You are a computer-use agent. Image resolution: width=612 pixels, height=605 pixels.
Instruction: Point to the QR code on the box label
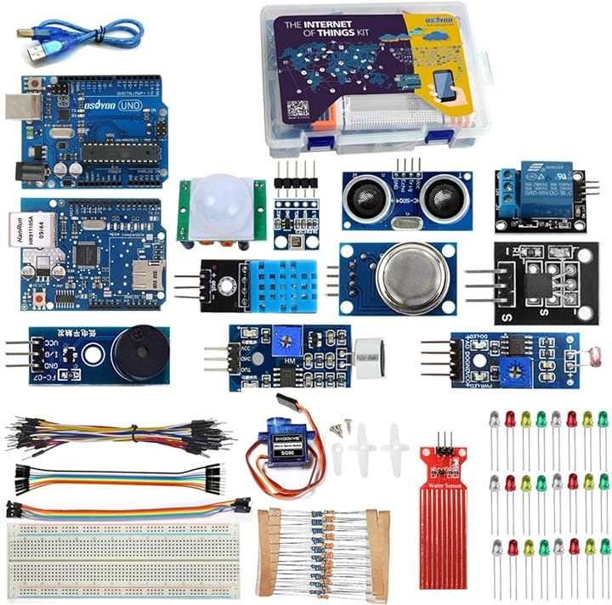297,110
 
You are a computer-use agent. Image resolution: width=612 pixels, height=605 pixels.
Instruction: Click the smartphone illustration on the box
445,86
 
